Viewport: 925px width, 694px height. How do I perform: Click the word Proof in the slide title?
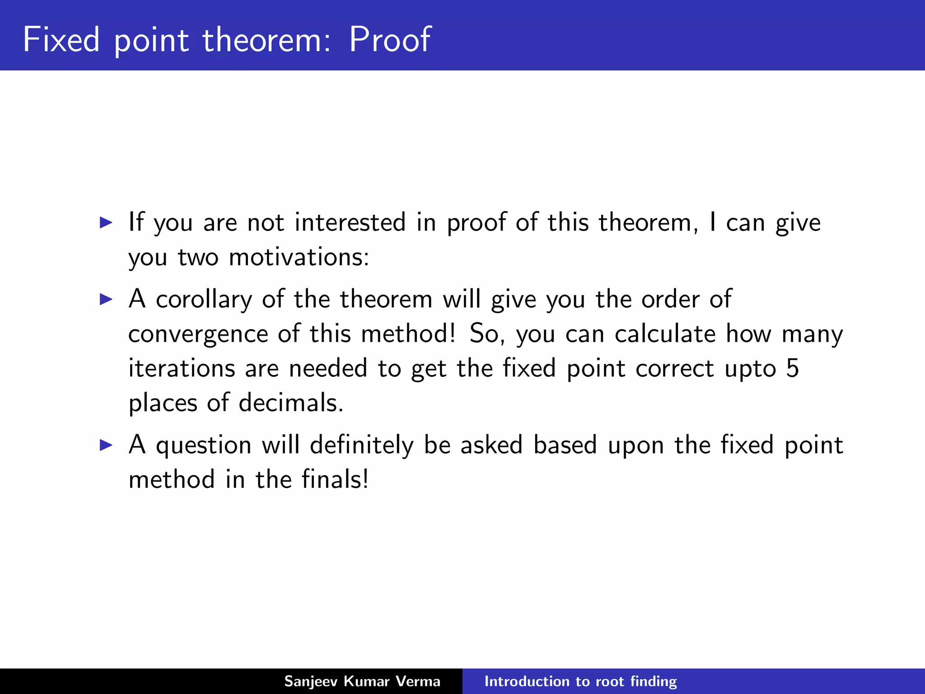tap(390, 40)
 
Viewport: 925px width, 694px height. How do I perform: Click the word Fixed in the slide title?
tap(61, 40)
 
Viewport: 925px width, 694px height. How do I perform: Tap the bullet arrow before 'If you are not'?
tap(106, 222)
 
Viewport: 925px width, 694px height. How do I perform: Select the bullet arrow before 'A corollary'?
tap(106, 299)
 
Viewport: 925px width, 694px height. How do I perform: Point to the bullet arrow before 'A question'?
tap(106, 445)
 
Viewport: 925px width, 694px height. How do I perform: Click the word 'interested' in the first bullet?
tap(350, 222)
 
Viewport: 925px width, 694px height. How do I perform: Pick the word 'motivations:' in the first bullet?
tap(299, 257)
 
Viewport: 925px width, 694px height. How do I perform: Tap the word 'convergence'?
tap(198, 334)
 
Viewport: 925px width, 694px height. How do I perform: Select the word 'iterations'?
tap(182, 368)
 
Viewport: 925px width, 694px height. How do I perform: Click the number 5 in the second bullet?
tap(792, 368)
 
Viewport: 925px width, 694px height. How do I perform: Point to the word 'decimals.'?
tap(291, 403)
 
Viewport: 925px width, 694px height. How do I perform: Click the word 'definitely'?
tap(361, 445)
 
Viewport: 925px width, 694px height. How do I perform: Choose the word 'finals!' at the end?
tap(335, 479)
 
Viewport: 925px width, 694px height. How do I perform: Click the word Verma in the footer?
tap(418, 681)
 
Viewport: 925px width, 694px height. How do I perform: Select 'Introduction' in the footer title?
tap(525, 681)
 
